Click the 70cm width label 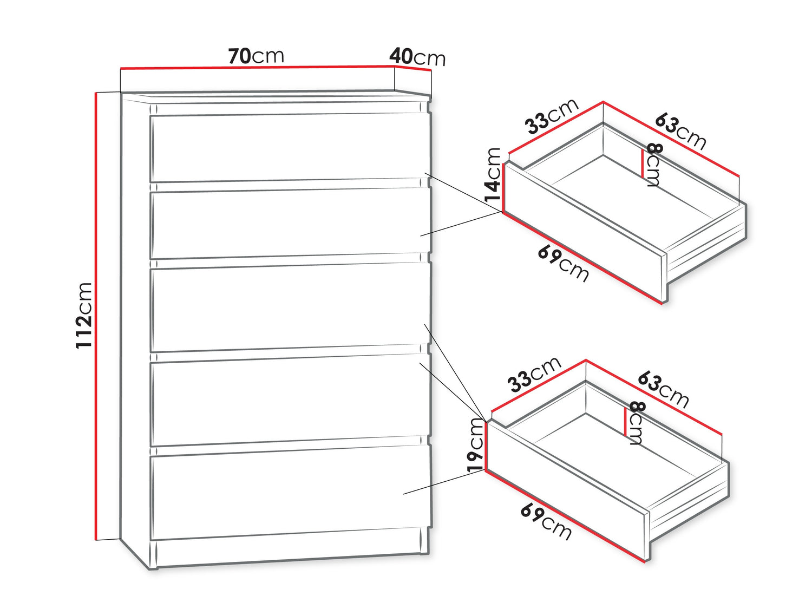pos(256,56)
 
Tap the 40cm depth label pos(417,57)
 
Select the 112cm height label pos(83,315)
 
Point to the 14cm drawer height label pos(493,174)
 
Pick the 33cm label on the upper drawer pos(551,116)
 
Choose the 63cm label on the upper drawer pos(680,132)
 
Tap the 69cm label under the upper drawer pos(563,264)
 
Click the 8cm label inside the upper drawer pos(652,165)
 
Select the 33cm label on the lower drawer pos(534,375)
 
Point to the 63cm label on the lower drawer pos(663,390)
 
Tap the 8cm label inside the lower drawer pos(635,423)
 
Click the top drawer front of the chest pos(290,147)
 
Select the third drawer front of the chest pos(290,307)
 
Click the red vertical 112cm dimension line pos(96,316)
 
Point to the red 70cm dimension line pos(258,67)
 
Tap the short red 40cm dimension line pos(413,68)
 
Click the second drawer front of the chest pos(290,224)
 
